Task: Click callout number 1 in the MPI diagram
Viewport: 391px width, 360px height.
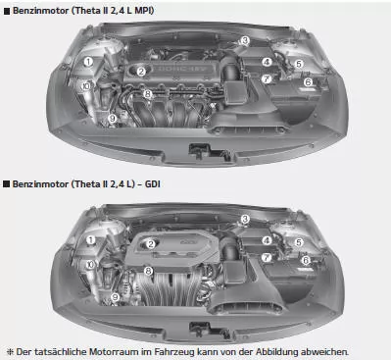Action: [x=89, y=61]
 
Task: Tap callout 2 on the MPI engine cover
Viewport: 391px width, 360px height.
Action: [x=141, y=71]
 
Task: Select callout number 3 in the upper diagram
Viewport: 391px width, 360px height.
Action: [x=244, y=41]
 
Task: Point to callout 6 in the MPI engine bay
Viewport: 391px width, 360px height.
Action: [x=307, y=82]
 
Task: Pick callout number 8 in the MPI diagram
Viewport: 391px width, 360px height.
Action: [x=147, y=94]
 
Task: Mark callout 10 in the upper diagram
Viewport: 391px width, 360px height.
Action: [x=88, y=86]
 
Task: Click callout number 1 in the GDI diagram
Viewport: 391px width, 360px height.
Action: [x=89, y=238]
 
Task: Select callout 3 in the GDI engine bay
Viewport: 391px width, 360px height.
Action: [x=244, y=219]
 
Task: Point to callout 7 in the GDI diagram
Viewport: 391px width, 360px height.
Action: [x=267, y=257]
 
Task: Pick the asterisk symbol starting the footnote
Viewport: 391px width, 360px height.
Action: [x=10, y=350]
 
